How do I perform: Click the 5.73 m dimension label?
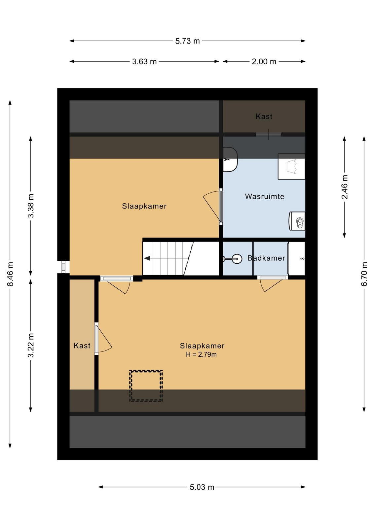click(187, 41)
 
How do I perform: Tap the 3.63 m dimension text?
click(144, 61)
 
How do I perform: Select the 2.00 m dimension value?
click(264, 61)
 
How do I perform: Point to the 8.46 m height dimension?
click(10, 274)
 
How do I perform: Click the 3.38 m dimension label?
click(31, 206)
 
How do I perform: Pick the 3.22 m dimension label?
click(31, 345)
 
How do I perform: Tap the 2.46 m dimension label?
click(345, 187)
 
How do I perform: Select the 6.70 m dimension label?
click(364, 274)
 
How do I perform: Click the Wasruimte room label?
click(265, 196)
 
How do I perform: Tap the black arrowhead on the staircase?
click(147, 258)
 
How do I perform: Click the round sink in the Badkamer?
click(237, 259)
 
